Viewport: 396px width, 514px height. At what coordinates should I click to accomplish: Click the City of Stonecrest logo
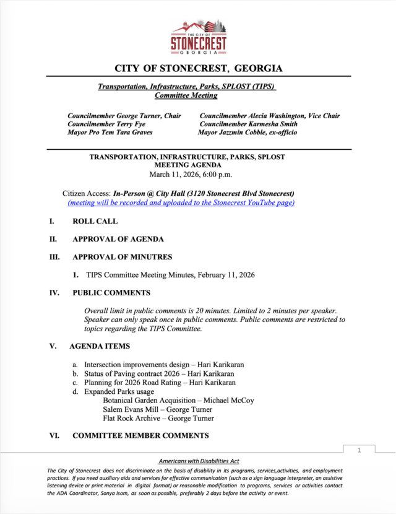199,37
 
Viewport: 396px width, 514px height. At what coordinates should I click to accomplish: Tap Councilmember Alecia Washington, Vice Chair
269,116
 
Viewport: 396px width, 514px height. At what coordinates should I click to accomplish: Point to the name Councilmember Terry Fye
106,124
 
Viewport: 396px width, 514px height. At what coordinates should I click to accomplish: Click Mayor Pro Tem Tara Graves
110,133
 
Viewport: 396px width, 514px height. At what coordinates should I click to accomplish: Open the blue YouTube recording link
181,203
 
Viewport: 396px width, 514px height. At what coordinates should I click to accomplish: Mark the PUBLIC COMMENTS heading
111,293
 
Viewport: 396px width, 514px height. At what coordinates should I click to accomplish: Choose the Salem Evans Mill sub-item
131,409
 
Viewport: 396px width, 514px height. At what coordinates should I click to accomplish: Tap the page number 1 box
358,451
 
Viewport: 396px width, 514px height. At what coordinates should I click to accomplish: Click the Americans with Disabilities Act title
199,461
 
